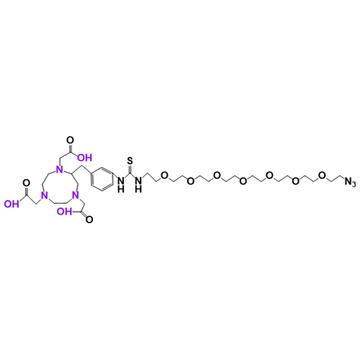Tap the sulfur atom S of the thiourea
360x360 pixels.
(130, 161)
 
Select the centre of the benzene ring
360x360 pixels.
(102, 179)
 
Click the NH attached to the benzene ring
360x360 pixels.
(121, 184)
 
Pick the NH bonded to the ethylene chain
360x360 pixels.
(138, 184)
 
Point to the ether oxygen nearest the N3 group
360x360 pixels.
(322, 175)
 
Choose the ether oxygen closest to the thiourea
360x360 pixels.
(164, 175)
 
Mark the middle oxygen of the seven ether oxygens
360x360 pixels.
(243, 181)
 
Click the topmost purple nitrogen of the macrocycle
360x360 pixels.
(59, 170)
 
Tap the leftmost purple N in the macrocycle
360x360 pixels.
(44, 196)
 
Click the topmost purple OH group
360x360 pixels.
(84, 158)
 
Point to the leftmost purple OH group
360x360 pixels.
(12, 204)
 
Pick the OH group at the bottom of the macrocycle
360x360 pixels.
(64, 212)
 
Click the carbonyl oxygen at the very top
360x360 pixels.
(71, 140)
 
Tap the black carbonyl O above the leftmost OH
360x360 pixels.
(26, 183)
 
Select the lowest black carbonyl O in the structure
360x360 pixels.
(89, 220)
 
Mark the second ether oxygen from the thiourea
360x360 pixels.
(191, 181)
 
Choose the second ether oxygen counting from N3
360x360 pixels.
(295, 181)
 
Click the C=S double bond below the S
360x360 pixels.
(130, 169)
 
